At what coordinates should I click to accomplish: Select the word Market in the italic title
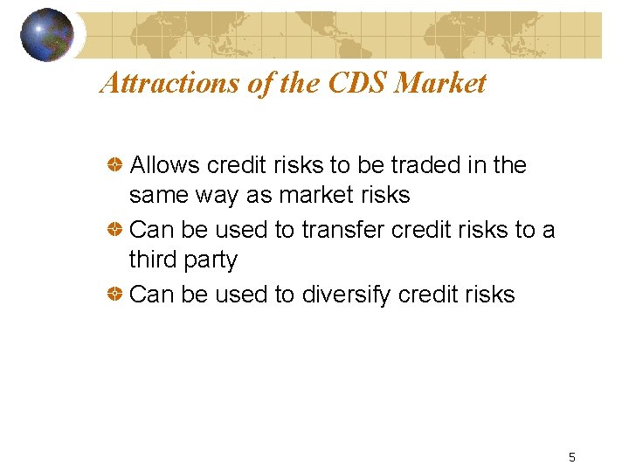(440, 83)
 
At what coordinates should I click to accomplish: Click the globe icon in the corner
(48, 35)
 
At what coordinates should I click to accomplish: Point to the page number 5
(571, 456)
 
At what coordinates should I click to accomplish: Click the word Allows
(162, 165)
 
